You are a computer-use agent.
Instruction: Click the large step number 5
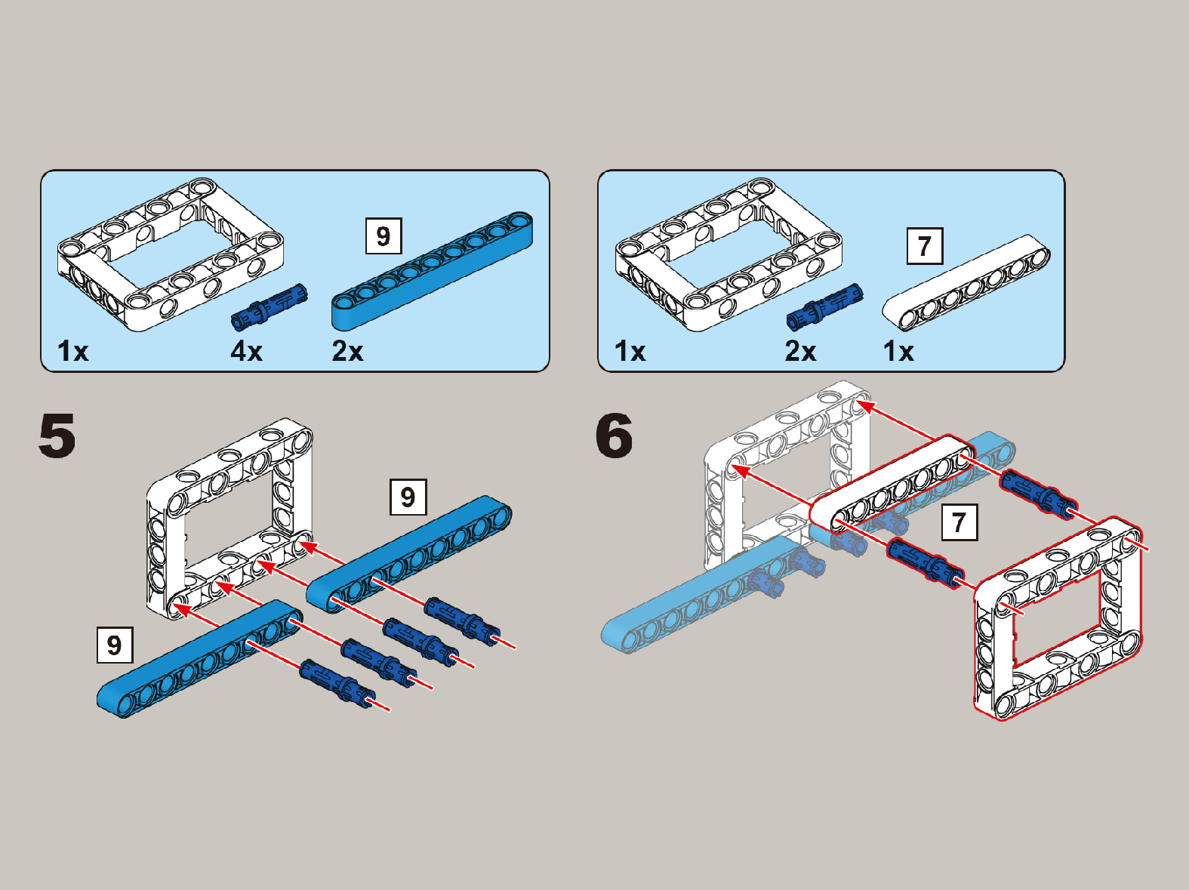(x=57, y=436)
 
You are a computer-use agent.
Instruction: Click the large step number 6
(x=614, y=436)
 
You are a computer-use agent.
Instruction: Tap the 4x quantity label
(x=246, y=351)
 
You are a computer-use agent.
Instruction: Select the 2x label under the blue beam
(x=347, y=351)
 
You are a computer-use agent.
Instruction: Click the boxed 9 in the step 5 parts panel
(x=383, y=236)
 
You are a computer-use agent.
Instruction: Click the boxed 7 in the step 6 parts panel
(x=924, y=246)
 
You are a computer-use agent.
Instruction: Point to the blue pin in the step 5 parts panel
(x=270, y=306)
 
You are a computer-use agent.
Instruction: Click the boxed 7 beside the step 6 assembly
(x=959, y=522)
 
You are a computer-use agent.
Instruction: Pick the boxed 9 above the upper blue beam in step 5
(x=408, y=497)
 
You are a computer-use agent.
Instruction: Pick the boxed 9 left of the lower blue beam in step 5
(x=115, y=645)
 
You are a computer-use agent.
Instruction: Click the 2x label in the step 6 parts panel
(x=800, y=351)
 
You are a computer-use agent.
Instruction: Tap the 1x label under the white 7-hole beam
(x=898, y=351)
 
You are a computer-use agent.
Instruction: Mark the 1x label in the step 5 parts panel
(x=73, y=351)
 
